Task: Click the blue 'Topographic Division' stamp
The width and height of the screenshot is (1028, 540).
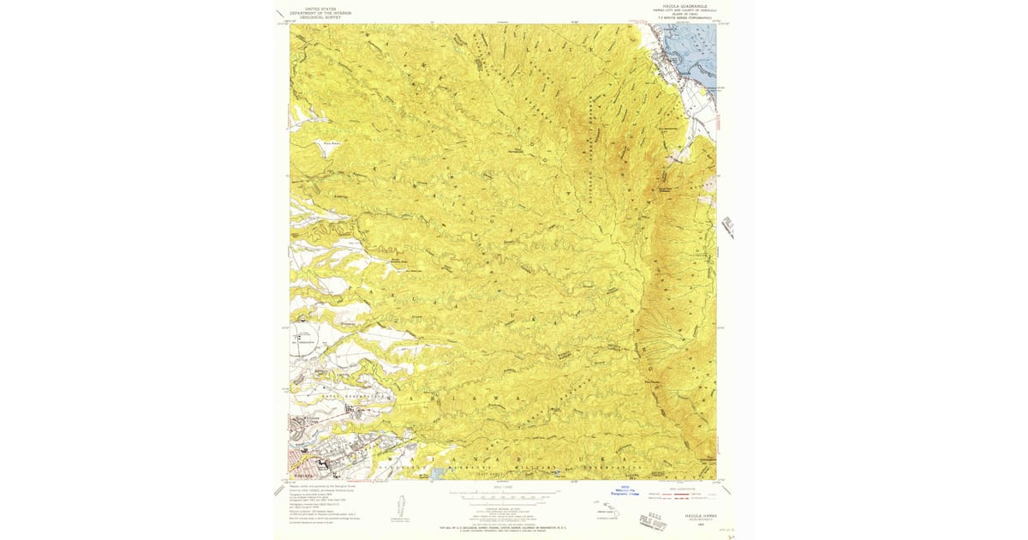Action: click(x=625, y=493)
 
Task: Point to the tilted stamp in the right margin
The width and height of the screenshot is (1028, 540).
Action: click(x=727, y=227)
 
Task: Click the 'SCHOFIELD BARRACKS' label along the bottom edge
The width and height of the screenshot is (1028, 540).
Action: click(x=497, y=467)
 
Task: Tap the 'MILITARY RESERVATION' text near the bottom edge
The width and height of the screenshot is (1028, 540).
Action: click(x=591, y=467)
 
